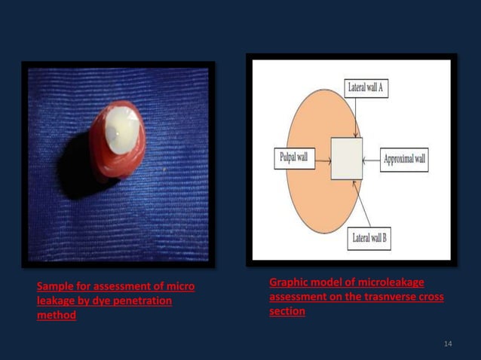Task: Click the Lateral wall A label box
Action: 367,87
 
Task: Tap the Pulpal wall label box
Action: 293,159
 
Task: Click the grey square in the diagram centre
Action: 346,158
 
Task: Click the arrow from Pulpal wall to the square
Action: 323,159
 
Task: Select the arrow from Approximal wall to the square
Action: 371,160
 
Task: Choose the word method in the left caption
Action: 57,316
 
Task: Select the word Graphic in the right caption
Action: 288,282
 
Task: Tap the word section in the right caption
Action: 286,311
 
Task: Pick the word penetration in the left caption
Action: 142,301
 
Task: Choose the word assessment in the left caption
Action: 126,287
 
